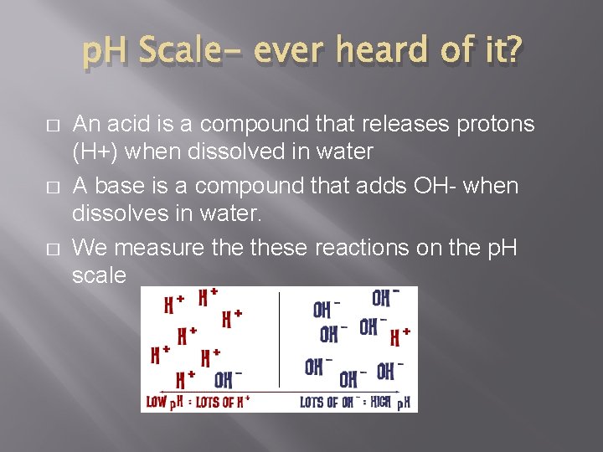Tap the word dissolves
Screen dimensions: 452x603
point(120,214)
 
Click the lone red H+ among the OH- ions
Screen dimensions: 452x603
point(400,337)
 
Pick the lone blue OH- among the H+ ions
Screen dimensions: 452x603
point(228,379)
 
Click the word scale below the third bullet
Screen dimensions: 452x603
point(100,275)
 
